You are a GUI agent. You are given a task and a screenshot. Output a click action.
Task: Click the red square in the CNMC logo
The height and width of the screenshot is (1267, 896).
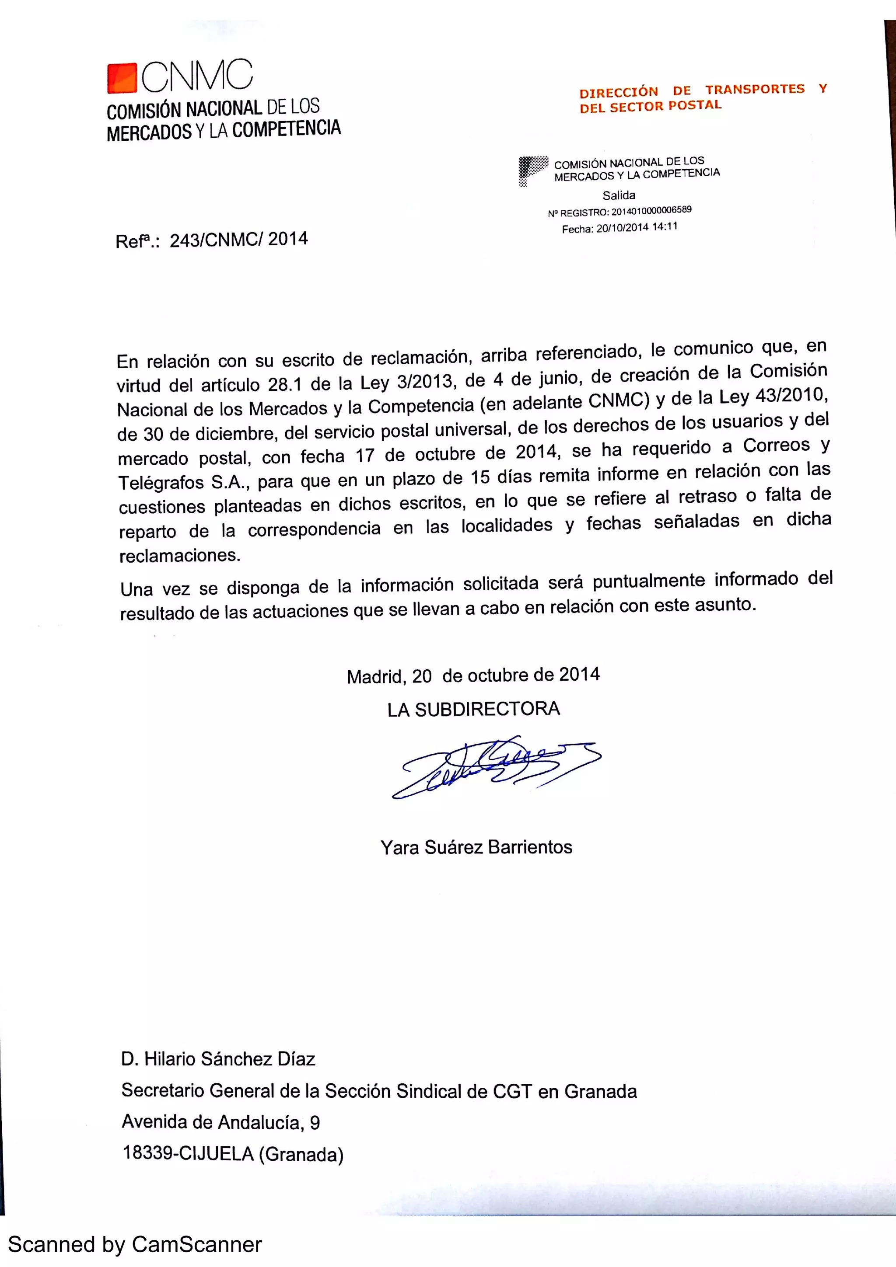[122, 78]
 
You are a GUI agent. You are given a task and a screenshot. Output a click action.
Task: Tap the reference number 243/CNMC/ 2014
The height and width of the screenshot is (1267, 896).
[238, 240]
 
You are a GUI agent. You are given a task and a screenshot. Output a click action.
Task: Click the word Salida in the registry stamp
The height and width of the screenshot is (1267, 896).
[619, 195]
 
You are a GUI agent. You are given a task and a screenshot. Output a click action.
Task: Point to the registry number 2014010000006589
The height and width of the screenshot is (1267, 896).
[651, 211]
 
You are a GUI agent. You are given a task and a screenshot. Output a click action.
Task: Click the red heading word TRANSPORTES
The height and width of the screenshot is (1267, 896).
[755, 89]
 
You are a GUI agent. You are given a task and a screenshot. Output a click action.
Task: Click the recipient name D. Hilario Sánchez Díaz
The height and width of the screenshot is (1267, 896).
[218, 1059]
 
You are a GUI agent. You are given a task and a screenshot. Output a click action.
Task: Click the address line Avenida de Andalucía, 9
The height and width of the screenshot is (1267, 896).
[221, 1122]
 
